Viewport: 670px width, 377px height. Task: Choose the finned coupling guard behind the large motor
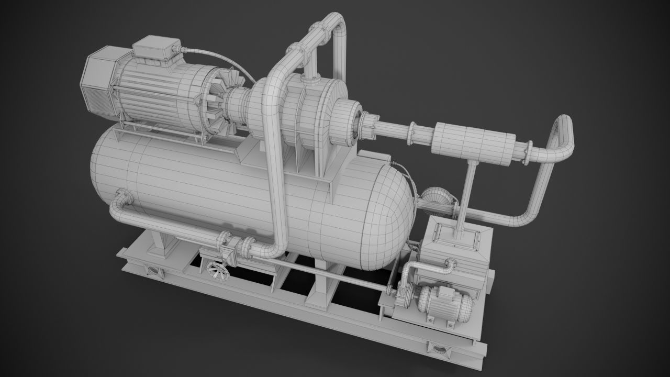tap(222, 107)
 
